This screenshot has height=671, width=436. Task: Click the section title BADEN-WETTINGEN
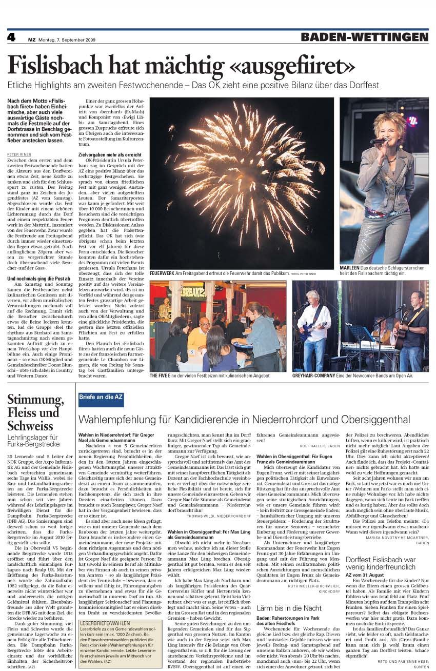tap(364, 37)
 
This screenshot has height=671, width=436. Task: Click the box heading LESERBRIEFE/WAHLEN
tap(105, 623)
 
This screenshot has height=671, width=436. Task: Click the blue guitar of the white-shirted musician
tap(310, 331)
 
